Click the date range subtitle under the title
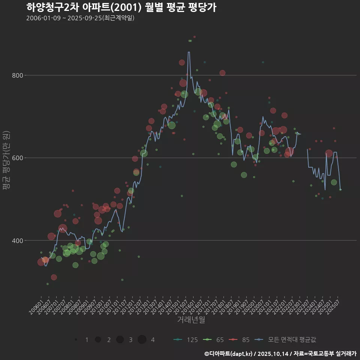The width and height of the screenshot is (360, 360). coord(80,18)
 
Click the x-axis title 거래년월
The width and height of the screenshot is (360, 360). coord(191,320)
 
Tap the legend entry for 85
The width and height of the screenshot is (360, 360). coord(240,340)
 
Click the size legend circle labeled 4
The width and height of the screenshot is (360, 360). coord(142,340)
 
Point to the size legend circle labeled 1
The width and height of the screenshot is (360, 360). coord(76,340)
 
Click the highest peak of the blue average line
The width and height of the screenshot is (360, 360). coord(189,52)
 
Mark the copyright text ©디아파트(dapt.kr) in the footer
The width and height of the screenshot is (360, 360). coord(229,354)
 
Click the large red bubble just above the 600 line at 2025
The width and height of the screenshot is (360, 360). coord(329,153)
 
